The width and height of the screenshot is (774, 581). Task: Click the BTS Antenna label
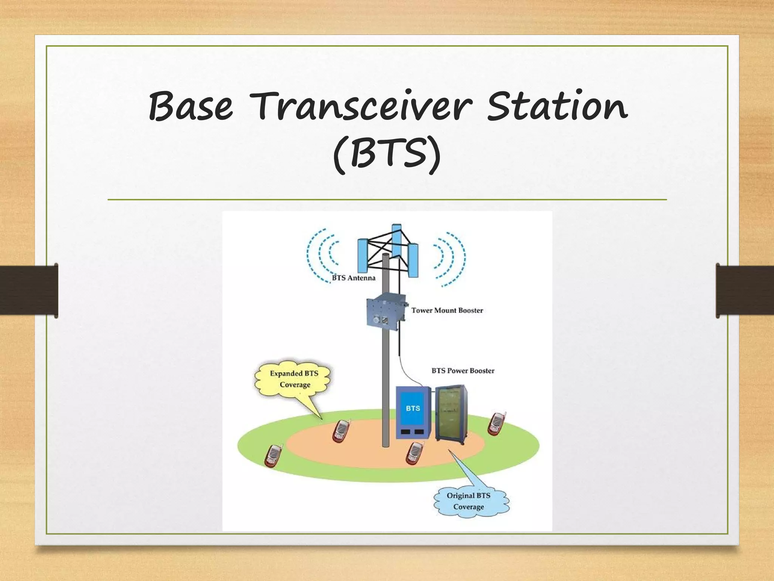[x=353, y=278]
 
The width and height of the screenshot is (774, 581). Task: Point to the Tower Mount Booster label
[x=447, y=311]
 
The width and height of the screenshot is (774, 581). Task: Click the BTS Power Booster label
[x=463, y=371]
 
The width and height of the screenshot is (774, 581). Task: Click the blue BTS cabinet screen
[x=413, y=409]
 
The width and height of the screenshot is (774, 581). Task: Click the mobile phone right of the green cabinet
[x=496, y=424]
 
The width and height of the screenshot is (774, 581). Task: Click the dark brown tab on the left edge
[x=29, y=290]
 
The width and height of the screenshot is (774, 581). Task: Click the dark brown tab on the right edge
[x=745, y=290]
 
